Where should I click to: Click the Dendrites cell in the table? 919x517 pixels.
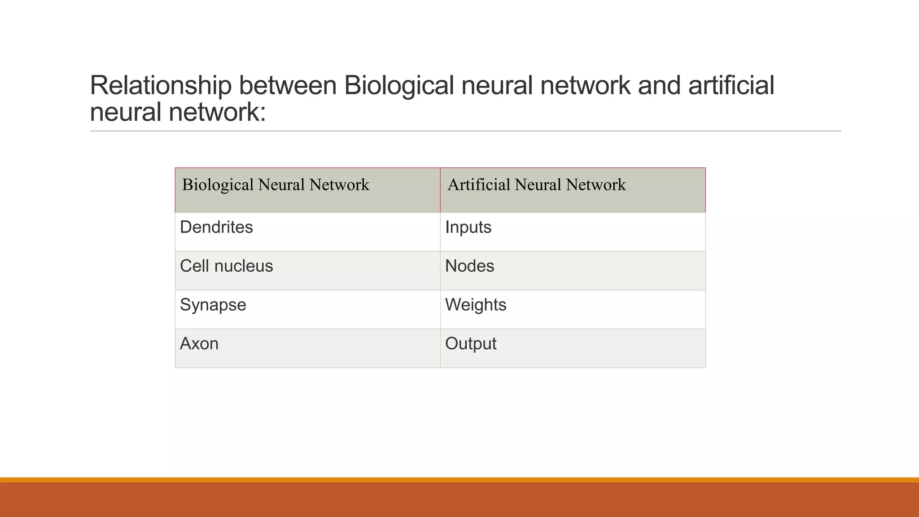click(216, 228)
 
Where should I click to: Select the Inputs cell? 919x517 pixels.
click(468, 228)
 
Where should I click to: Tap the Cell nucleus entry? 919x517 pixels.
click(226, 266)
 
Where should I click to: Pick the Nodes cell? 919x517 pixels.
click(469, 266)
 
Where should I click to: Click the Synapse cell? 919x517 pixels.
click(213, 305)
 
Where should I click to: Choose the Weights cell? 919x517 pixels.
click(476, 305)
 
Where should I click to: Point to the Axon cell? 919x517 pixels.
click(199, 344)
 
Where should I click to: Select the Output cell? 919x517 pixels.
click(471, 344)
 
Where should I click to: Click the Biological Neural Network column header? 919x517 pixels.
click(276, 185)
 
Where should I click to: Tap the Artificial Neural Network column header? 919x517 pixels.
click(536, 185)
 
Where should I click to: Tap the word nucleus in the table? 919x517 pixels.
click(244, 266)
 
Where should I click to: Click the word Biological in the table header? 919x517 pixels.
click(218, 185)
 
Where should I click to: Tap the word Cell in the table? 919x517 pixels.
click(194, 266)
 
